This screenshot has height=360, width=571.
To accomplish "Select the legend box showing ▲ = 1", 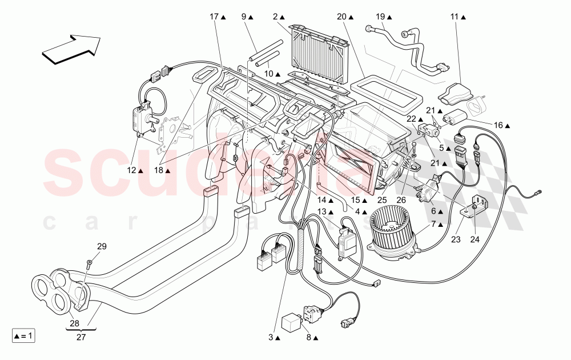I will tap(23, 336).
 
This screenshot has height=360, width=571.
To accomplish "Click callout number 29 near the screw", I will tap(101, 246).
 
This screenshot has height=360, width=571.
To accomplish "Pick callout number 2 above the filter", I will tap(275, 17).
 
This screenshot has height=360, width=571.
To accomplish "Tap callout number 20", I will tap(341, 17).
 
